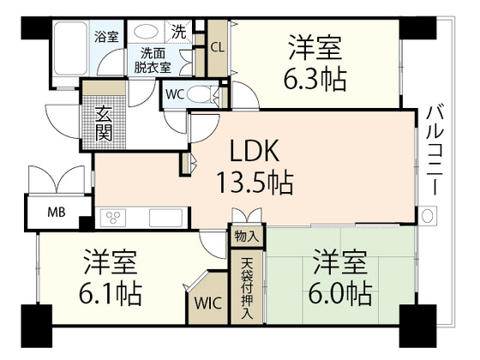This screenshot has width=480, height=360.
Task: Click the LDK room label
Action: pos(254,150)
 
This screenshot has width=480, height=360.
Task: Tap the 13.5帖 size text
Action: pos(255,183)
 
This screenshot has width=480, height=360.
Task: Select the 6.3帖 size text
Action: pos(315,79)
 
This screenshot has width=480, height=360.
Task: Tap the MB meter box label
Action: pos(57,212)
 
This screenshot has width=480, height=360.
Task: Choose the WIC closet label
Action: pos(208,303)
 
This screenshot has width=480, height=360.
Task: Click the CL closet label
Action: pos(218,48)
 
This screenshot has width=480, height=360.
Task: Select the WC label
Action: pos(175,94)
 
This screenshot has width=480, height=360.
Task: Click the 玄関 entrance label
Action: pos(103,123)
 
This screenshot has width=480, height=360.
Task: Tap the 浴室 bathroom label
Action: pos(106,37)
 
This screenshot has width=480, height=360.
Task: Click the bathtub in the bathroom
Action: pos(70,48)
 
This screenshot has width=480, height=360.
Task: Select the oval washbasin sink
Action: pos(147,32)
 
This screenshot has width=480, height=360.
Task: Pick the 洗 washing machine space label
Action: pos(178,33)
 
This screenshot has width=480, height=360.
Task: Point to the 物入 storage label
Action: pos(247,237)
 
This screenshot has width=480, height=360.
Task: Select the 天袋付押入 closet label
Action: pos(247,289)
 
